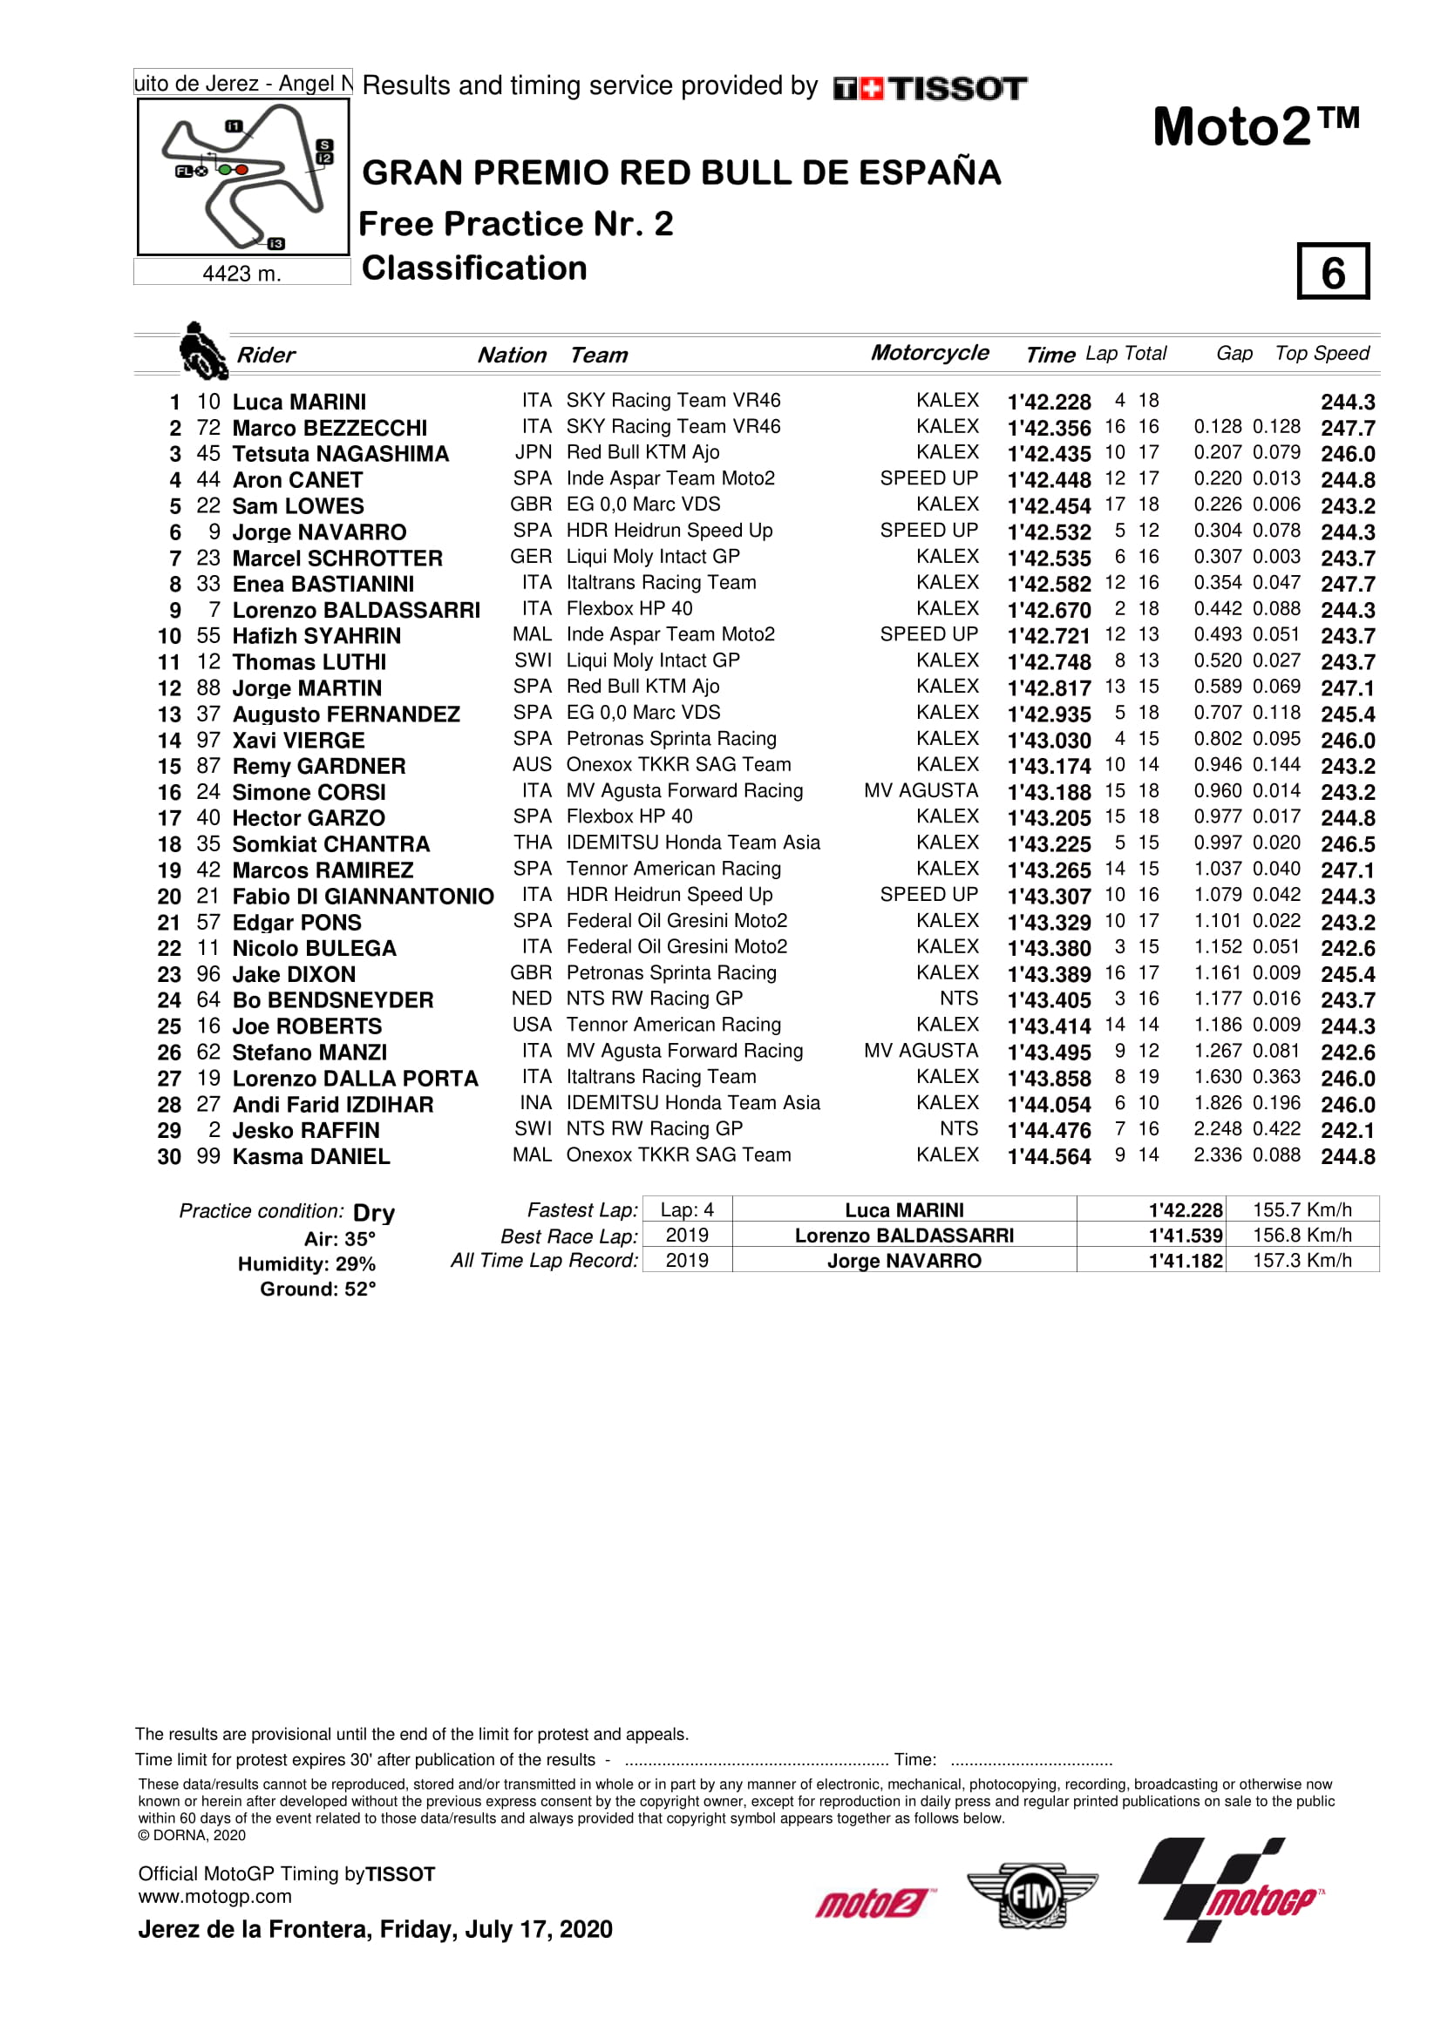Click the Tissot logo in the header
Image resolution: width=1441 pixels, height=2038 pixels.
pyautogui.click(x=929, y=88)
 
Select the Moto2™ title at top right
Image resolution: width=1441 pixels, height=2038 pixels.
pyautogui.click(x=1255, y=127)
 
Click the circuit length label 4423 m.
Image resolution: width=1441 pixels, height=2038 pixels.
pyautogui.click(x=241, y=274)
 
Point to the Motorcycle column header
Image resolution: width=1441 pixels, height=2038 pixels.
pyautogui.click(x=928, y=352)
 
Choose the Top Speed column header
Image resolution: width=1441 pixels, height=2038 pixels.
pyautogui.click(x=1322, y=353)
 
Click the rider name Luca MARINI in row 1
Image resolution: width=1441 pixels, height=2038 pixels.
pyautogui.click(x=298, y=402)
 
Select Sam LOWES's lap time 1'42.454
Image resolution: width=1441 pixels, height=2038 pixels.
pyautogui.click(x=1049, y=506)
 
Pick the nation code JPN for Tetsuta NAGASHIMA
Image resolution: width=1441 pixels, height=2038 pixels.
pyautogui.click(x=533, y=453)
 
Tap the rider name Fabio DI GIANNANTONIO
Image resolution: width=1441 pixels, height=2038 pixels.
pyautogui.click(x=363, y=897)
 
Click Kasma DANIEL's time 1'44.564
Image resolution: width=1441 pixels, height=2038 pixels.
pyautogui.click(x=1049, y=1156)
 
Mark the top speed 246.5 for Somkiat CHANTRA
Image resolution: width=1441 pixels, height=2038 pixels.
pyautogui.click(x=1347, y=844)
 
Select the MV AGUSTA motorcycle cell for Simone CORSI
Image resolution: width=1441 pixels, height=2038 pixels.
pyautogui.click(x=921, y=791)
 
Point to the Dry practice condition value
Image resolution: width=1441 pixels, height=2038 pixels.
pyautogui.click(x=374, y=1213)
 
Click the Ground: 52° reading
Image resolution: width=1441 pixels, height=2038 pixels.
pyautogui.click(x=317, y=1289)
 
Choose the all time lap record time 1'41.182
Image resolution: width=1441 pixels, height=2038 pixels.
pyautogui.click(x=1186, y=1261)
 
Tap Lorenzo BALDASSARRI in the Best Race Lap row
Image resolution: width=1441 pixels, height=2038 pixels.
pyautogui.click(x=904, y=1236)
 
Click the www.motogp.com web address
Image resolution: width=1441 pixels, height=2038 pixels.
pyautogui.click(x=214, y=1896)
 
